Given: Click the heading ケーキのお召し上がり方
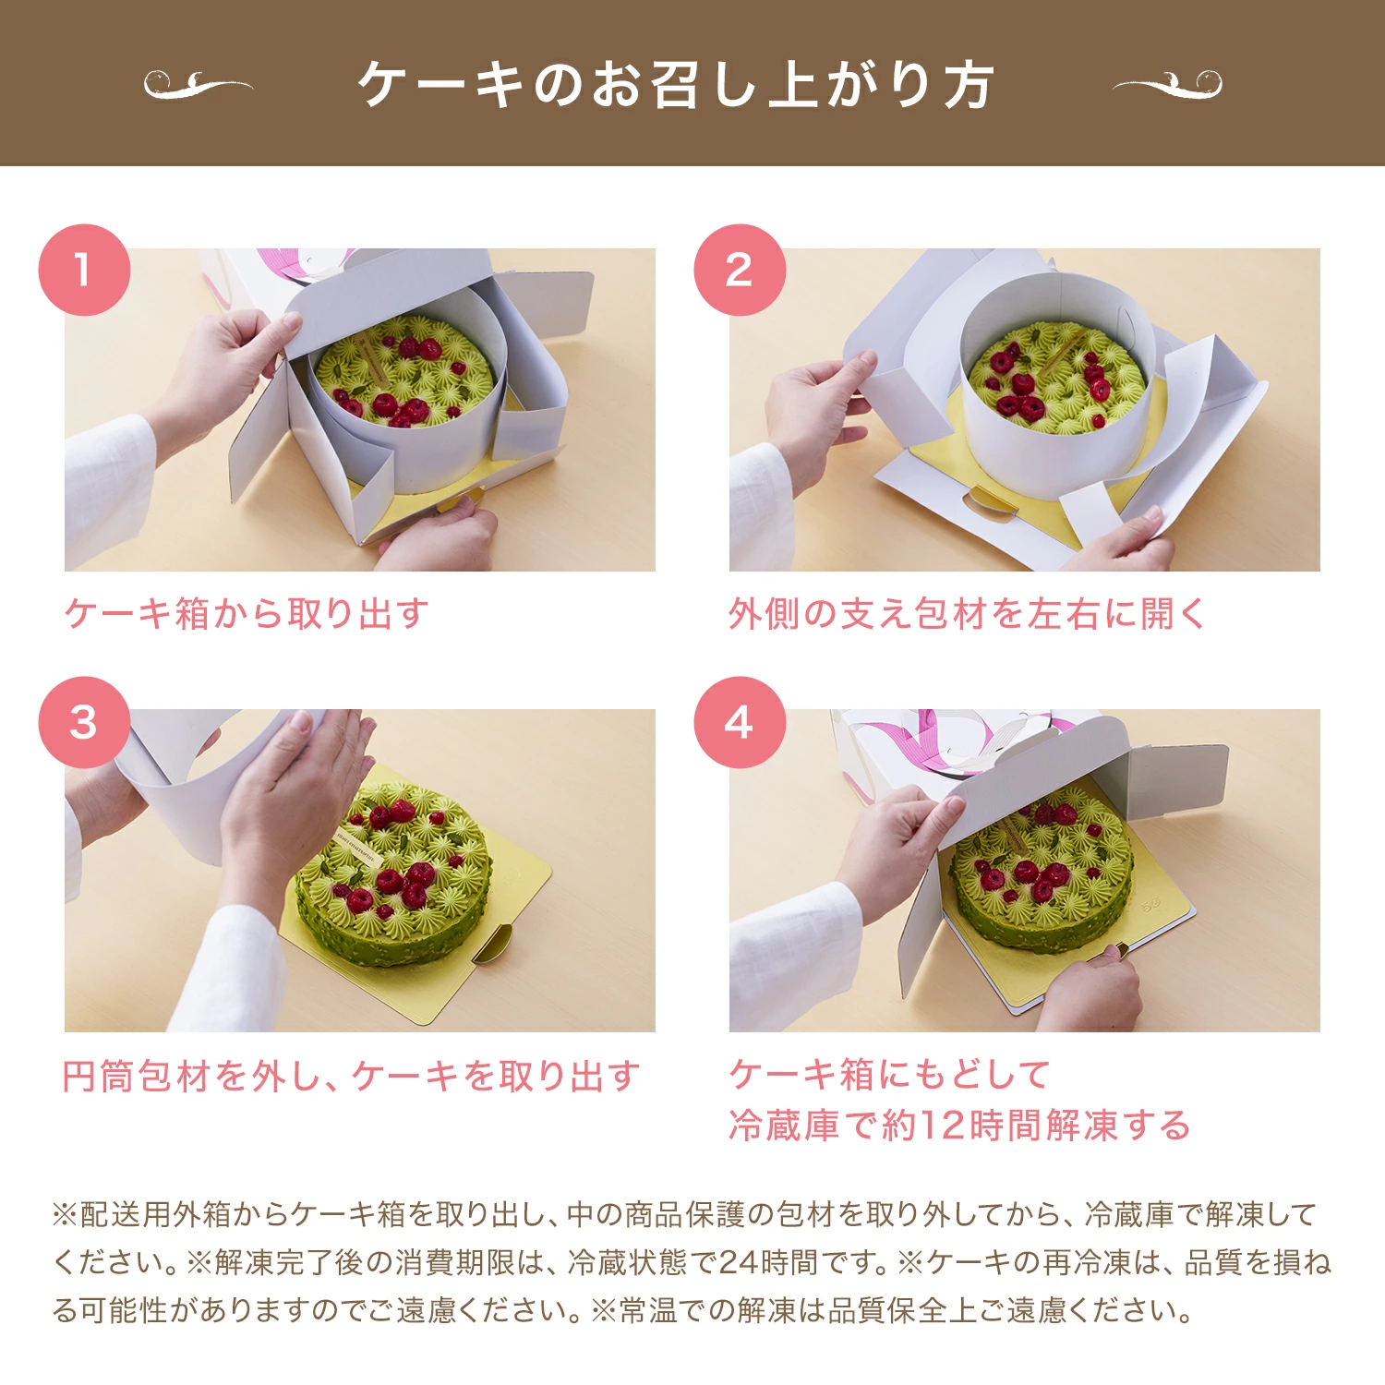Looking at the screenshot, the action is tap(676, 85).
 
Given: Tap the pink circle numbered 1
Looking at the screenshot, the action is tap(84, 270).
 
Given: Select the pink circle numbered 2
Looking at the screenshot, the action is tap(740, 270).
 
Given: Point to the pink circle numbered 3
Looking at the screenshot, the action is tap(84, 722).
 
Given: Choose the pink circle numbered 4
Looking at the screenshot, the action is tap(740, 722).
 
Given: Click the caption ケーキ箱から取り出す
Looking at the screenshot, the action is tap(247, 614).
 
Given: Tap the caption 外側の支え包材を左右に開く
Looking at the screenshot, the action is tap(968, 614).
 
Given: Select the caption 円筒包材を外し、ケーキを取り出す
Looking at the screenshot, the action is tap(351, 1076).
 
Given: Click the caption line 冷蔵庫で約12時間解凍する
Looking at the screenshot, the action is tap(959, 1126).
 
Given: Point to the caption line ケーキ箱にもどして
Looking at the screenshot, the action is tap(889, 1075).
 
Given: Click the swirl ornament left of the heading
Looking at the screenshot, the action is tap(198, 85).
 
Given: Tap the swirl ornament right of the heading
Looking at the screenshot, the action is tap(1168, 85).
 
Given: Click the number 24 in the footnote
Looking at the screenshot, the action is tap(739, 1262).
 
